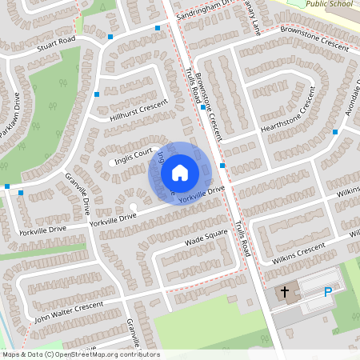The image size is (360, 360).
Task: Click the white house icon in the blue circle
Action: [180, 172]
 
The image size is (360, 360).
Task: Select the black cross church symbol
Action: [285, 294]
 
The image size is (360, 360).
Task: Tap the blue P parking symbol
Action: [328, 294]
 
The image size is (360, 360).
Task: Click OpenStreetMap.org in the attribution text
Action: [88, 354]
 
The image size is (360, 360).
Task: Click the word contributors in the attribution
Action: [138, 354]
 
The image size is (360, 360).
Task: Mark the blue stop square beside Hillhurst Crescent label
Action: [97, 94]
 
